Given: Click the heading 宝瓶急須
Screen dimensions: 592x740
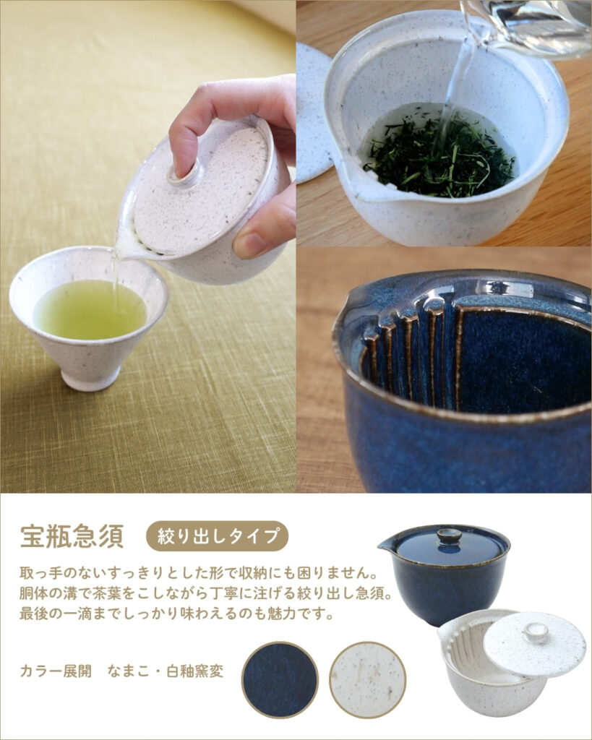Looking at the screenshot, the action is tap(72, 536).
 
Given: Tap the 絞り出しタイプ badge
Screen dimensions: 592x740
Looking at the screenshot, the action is tap(217, 536).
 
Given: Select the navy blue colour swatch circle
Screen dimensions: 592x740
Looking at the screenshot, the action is tap(280, 679).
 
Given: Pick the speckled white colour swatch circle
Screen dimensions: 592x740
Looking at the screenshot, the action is tap(368, 679).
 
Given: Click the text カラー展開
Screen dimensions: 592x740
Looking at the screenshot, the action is tap(56, 671).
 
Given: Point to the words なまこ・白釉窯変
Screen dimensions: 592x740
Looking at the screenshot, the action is tap(166, 671).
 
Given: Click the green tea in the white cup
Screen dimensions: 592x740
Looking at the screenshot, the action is tap(89, 309).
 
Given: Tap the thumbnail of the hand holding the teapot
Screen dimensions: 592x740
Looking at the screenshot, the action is tap(147, 246).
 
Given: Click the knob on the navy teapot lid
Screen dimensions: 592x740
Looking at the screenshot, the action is tap(449, 536).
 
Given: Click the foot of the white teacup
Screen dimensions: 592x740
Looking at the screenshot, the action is tap(91, 379).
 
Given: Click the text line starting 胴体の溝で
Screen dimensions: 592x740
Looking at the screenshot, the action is tap(206, 593).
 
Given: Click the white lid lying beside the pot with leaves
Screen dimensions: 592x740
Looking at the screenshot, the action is tap(313, 113).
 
